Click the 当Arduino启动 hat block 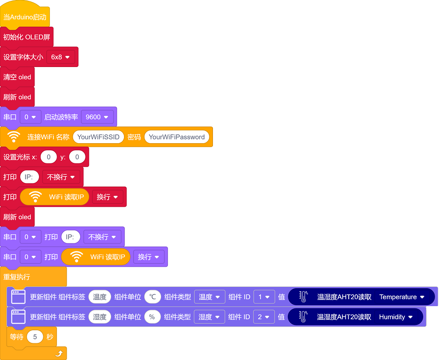[x=25, y=17]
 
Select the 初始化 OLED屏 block [x=27, y=37]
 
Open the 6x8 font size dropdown [x=60, y=57]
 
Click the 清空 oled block [x=17, y=77]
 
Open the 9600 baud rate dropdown [x=97, y=117]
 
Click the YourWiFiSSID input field [x=98, y=137]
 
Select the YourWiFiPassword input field [x=177, y=137]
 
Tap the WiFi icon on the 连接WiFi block [x=14, y=137]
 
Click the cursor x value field [x=49, y=157]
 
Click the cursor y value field [x=77, y=157]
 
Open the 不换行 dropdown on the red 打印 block [x=61, y=177]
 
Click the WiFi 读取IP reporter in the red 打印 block [x=55, y=197]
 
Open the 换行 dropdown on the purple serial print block [x=149, y=257]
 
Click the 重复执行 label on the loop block [x=17, y=277]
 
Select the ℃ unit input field [x=152, y=297]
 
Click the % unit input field [x=152, y=317]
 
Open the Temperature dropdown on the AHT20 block [x=402, y=297]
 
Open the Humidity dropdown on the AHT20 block [x=396, y=317]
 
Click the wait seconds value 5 [x=35, y=337]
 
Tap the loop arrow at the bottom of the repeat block [x=59, y=353]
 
